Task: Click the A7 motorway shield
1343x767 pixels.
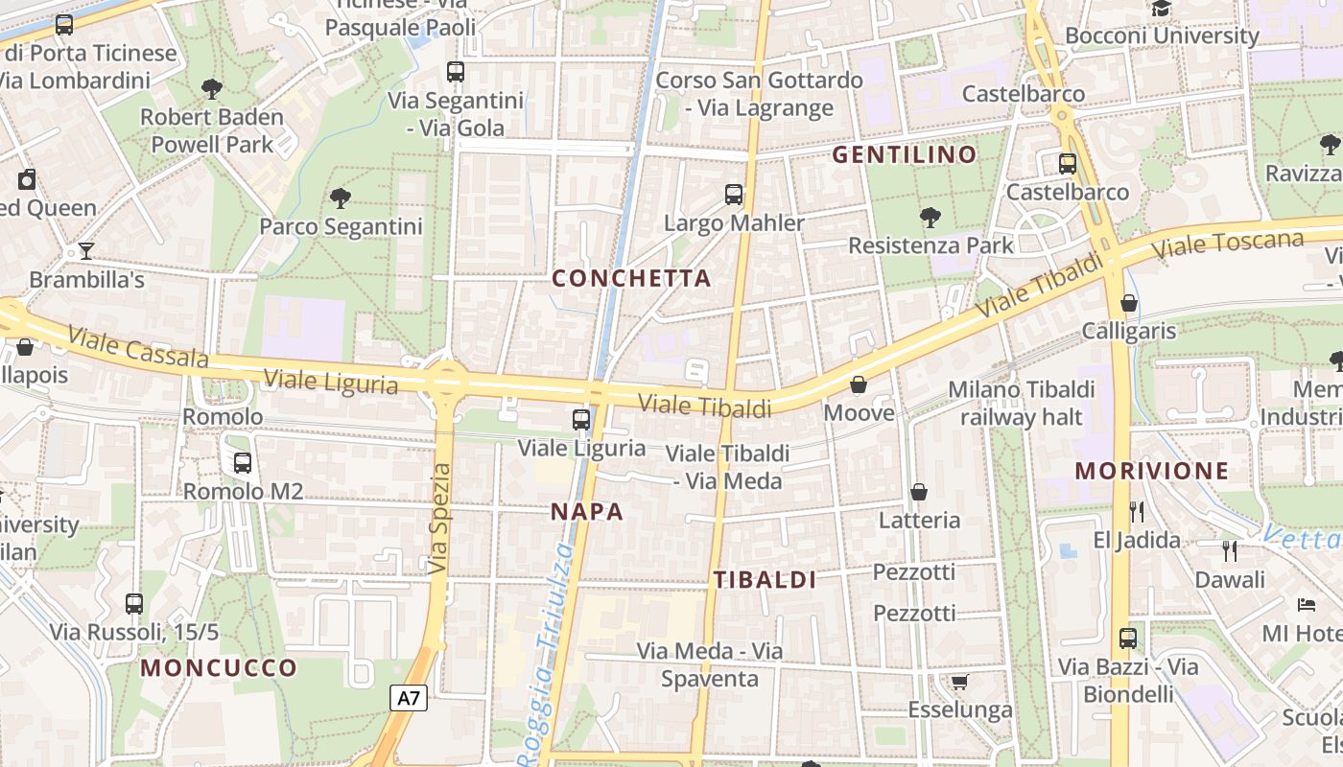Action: [410, 698]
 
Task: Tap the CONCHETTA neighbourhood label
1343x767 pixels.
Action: [632, 279]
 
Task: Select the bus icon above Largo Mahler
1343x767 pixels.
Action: [734, 195]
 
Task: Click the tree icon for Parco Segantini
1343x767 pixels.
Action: [340, 198]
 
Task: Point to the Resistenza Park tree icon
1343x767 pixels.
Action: [930, 218]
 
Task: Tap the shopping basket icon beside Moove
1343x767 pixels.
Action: [859, 384]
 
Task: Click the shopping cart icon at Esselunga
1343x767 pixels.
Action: [958, 682]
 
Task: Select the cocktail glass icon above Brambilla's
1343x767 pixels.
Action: [86, 251]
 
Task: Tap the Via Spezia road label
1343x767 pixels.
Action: [439, 519]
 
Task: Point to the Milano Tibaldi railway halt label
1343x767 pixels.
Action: [1021, 404]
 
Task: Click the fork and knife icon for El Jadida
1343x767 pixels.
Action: [1137, 511]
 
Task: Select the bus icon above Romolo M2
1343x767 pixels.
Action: [243, 463]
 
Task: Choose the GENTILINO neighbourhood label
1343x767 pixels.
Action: [904, 154]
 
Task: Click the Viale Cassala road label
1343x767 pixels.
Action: [138, 348]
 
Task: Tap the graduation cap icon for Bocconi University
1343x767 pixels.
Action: [1162, 9]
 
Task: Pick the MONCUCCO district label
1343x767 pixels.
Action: [219, 668]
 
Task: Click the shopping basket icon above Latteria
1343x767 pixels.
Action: [919, 492]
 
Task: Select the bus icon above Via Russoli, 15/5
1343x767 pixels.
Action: [134, 604]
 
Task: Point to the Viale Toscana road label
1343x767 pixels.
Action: [1230, 245]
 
